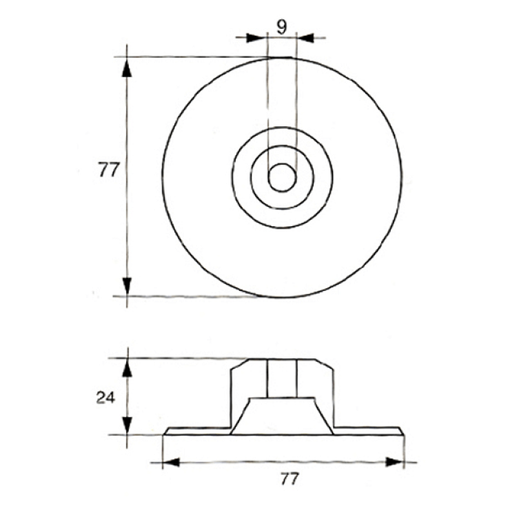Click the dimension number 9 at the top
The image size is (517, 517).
tap(281, 27)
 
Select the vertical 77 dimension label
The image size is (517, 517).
tap(108, 170)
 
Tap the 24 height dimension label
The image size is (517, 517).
tap(105, 398)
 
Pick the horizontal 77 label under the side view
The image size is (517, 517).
tap(290, 478)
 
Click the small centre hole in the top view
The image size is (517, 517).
tap(282, 177)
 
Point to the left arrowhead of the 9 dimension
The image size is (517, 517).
tap(256, 38)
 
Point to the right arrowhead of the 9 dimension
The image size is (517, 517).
tap(306, 38)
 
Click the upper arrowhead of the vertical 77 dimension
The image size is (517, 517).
tap(127, 68)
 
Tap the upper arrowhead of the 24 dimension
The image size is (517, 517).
tap(128, 368)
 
